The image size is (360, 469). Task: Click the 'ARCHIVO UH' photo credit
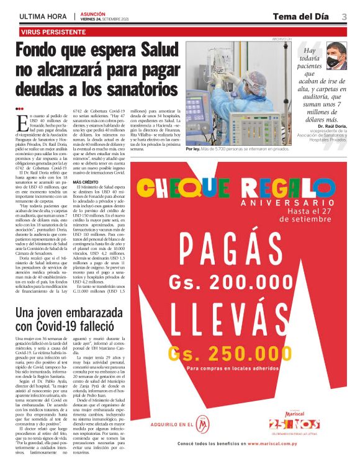[282, 39]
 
